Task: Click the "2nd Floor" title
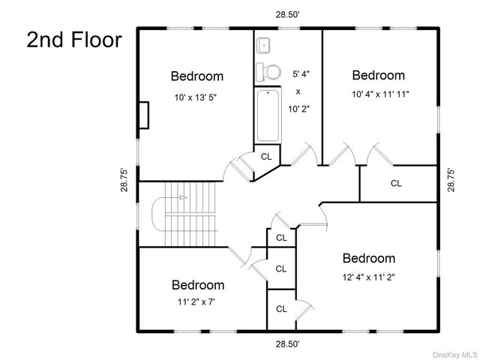coord(74,40)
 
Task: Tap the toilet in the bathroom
coord(268,72)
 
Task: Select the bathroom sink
coord(263,46)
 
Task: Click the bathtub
coord(268,115)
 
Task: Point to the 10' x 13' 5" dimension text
coord(196,97)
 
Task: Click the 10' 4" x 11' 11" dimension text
coord(380,94)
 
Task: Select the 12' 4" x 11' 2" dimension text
coord(369,277)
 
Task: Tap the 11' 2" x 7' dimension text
coord(196,302)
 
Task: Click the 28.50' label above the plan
coord(287,15)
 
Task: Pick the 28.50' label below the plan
coord(287,344)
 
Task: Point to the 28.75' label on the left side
coord(124,180)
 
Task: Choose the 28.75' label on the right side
coord(451,180)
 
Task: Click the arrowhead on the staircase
coord(183,197)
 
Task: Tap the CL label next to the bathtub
coord(266,157)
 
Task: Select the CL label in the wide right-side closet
coord(396,183)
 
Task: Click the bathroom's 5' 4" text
coord(301,74)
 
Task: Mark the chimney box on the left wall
coord(143,115)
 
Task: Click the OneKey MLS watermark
coord(454,355)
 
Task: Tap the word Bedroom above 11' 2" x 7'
coord(198,285)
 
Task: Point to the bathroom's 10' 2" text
coord(298,109)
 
